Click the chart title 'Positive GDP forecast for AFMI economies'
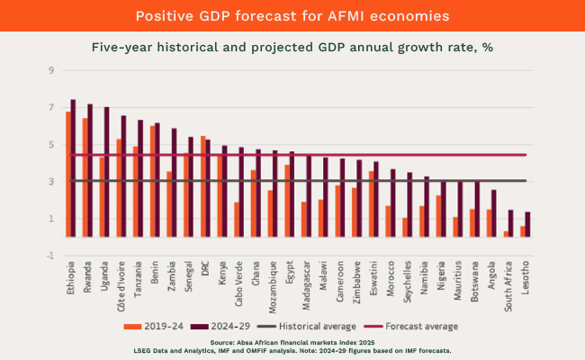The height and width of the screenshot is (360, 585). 292,15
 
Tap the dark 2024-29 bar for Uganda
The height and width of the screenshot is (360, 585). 106,172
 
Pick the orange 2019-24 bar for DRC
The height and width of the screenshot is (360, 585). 203,186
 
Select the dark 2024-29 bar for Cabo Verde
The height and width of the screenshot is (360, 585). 241,192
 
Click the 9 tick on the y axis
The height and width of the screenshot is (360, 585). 51,70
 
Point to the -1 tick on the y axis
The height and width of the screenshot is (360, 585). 50,256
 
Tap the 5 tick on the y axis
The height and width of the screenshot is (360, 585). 51,144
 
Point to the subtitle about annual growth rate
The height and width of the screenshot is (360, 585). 292,47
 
